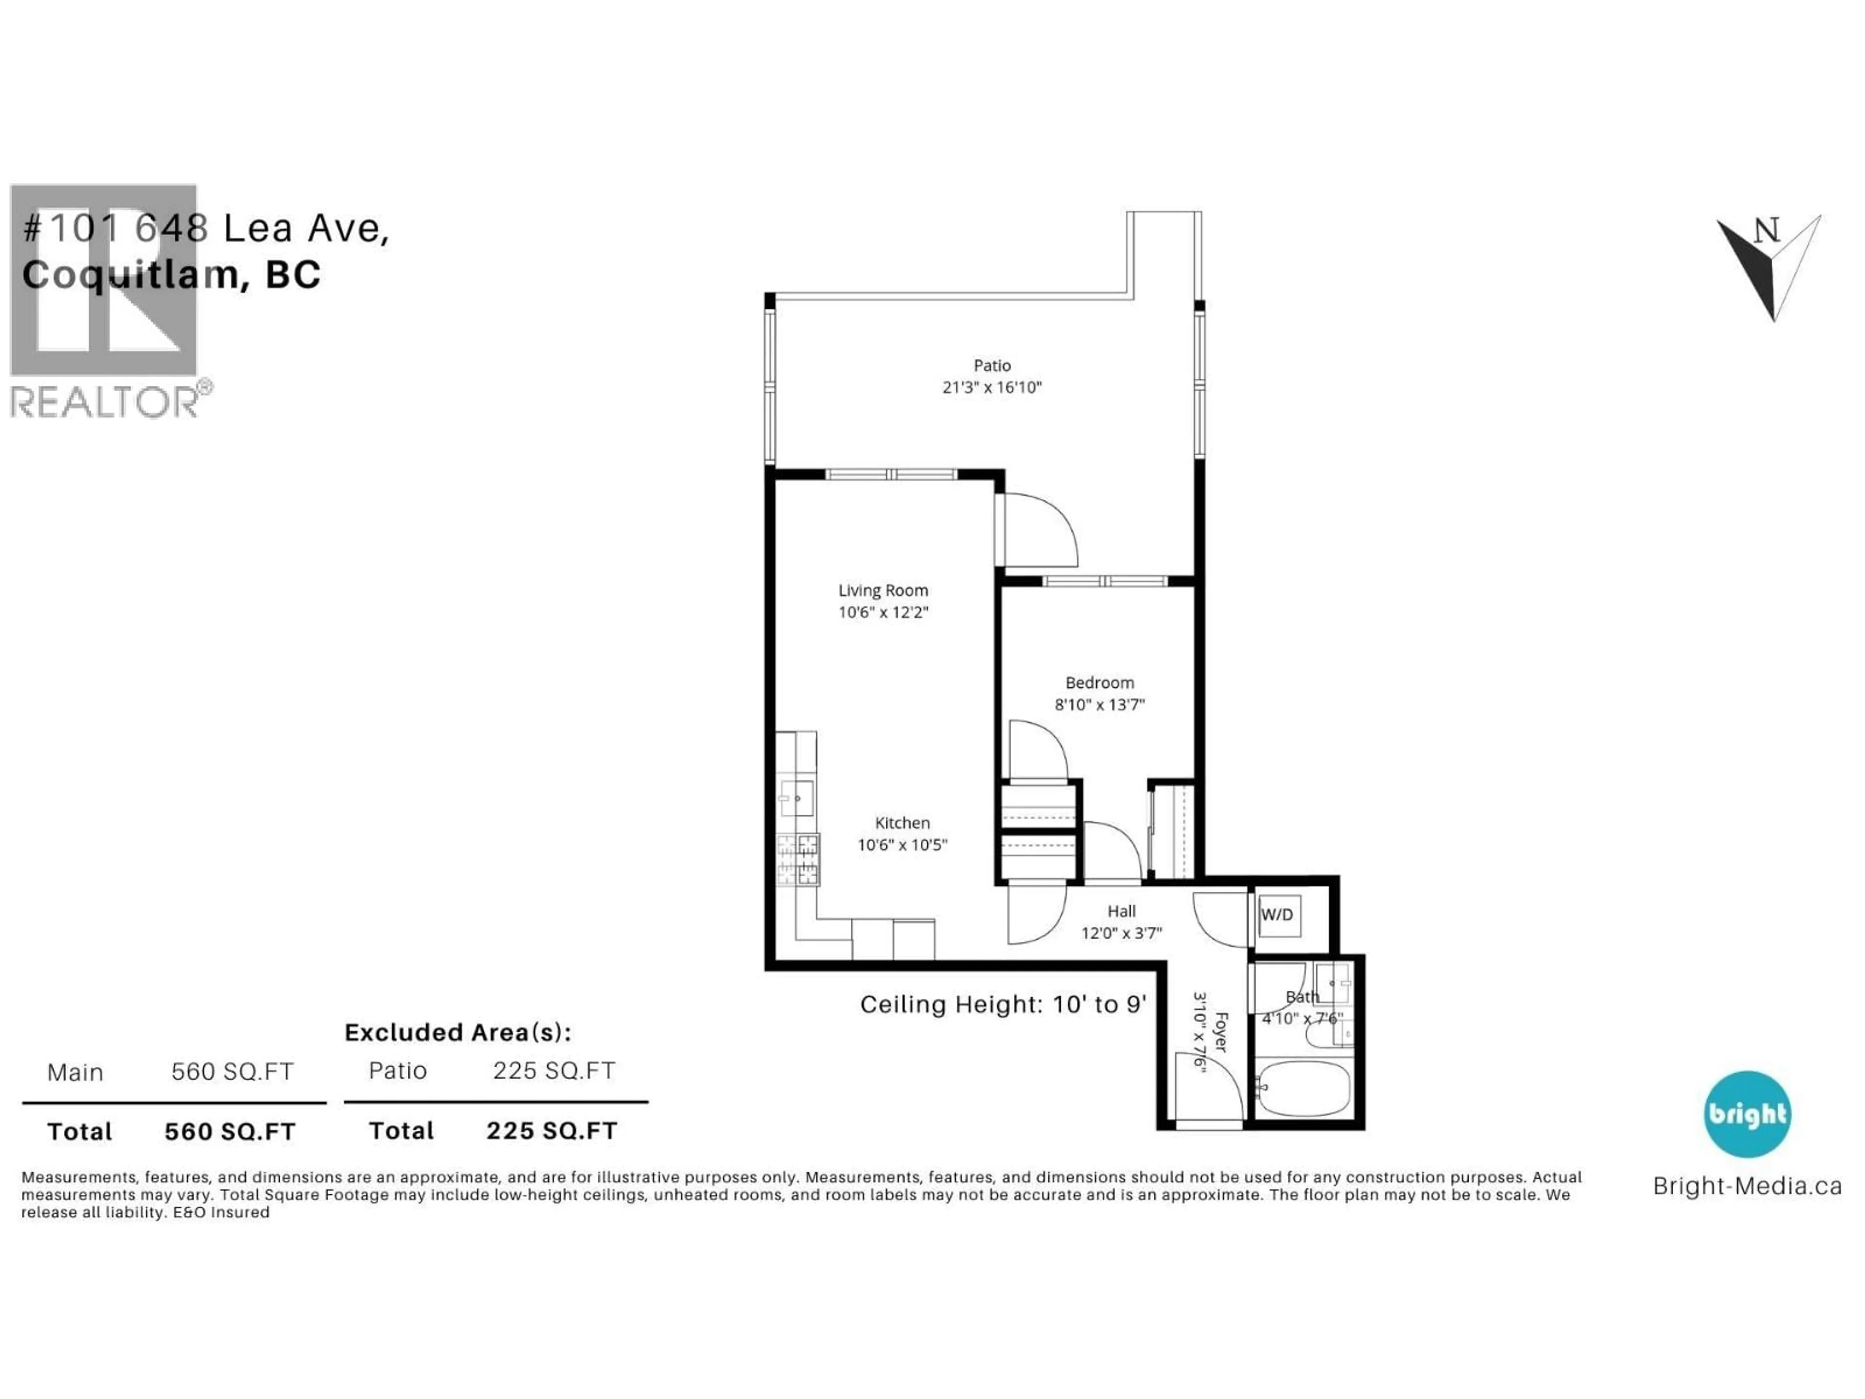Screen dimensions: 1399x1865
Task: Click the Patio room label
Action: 992,365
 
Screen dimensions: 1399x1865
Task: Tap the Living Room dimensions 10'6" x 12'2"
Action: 883,612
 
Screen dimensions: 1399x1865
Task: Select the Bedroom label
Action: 1100,682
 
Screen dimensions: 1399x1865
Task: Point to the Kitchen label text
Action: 902,822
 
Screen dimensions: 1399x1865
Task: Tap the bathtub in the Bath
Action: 1303,1088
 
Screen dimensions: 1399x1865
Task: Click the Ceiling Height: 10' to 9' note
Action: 1002,1005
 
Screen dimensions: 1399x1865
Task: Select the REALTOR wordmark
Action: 105,401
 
